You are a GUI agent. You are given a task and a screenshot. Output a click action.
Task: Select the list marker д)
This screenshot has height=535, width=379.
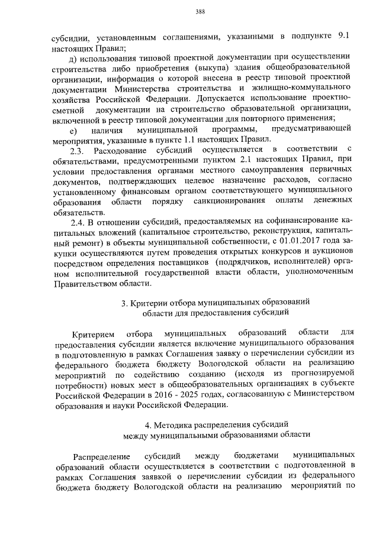(73, 57)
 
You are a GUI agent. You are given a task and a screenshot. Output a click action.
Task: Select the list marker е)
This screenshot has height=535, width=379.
(73, 129)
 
